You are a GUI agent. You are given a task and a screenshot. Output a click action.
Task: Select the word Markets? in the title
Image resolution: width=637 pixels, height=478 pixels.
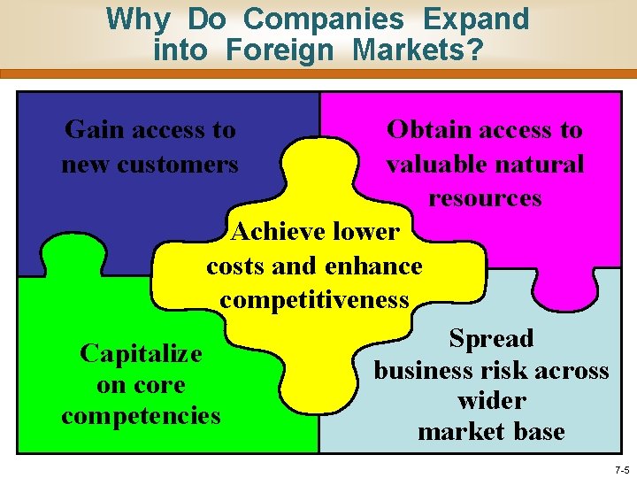coord(418,50)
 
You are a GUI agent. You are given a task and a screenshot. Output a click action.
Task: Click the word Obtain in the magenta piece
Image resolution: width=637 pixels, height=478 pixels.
coord(428,130)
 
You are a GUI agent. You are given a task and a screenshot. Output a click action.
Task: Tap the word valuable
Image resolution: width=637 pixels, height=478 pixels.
coord(434,164)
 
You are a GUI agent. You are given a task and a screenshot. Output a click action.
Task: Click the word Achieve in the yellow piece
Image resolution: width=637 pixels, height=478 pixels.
coord(276,232)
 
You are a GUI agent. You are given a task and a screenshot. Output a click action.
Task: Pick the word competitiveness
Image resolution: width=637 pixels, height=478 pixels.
coord(314,299)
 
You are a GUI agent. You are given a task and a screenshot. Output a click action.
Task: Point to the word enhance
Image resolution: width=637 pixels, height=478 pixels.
coord(373,266)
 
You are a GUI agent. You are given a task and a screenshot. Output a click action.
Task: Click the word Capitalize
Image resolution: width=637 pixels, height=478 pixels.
coord(141,353)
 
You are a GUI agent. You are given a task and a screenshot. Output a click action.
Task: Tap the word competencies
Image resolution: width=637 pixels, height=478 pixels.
coord(141,415)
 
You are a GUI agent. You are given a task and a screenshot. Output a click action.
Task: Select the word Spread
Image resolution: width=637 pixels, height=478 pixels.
coord(491,338)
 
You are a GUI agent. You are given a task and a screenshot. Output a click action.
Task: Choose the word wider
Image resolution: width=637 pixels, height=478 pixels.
coord(491,400)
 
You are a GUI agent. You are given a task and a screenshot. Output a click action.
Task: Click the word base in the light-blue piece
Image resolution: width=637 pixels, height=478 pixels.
coord(541,432)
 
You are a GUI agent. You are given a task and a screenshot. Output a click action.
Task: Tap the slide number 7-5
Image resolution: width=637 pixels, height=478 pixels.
coord(621,469)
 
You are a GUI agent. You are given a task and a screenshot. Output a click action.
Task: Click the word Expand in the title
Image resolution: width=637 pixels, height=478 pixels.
coord(475,19)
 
